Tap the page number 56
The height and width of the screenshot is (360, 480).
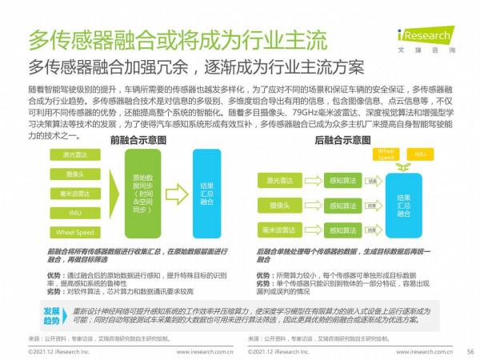tap(470, 351)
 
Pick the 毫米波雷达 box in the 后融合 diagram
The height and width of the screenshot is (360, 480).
tap(276, 230)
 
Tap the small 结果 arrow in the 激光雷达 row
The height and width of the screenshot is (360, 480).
tap(372, 182)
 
